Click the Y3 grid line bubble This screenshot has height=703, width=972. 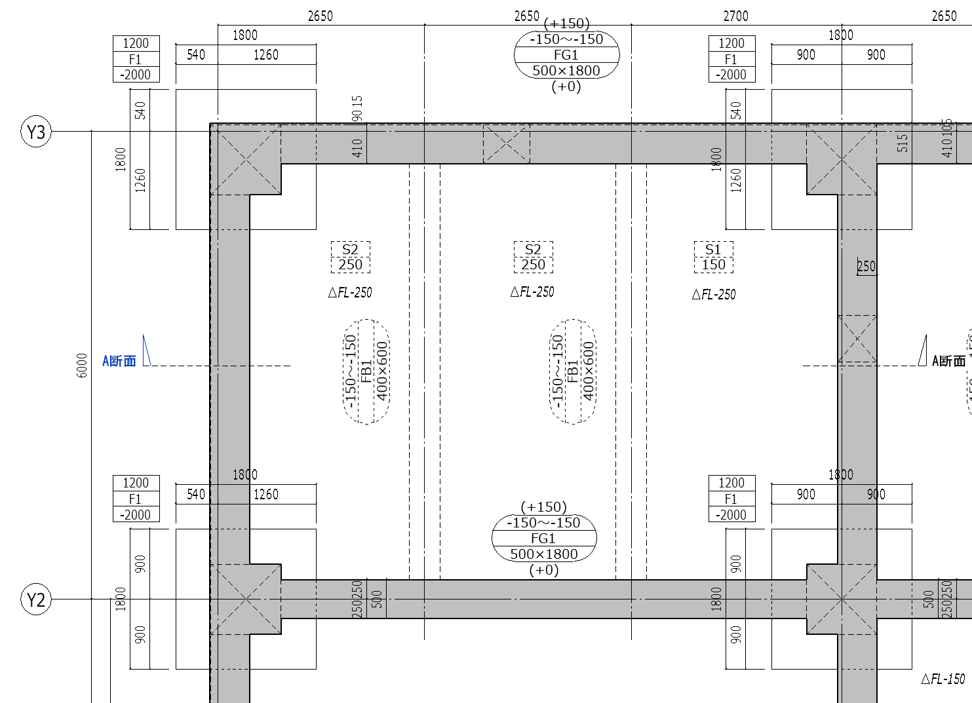pos(36,132)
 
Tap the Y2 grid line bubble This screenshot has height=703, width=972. pos(36,599)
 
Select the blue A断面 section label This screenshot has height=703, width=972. pos(119,361)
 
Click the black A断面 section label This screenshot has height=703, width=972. pos(948,360)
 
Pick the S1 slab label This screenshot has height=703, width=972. pos(713,249)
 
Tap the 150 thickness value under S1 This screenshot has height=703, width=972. pos(713,265)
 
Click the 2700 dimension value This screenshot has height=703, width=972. pos(735,16)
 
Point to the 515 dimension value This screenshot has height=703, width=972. pos(903,143)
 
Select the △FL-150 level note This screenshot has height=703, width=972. pos(943,679)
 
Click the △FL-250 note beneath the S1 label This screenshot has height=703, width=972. pos(714,295)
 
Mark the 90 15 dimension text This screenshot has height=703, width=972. pos(357,108)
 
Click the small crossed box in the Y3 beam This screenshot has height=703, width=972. pos(506,143)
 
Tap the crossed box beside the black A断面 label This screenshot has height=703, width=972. pos(857,338)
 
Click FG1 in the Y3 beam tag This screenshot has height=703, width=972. pos(566,55)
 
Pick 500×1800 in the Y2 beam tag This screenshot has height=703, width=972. pos(544,554)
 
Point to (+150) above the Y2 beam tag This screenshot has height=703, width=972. pos(543,506)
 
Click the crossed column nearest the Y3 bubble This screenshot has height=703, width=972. pos(246,159)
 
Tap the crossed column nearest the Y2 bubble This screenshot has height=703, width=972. pos(246,599)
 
